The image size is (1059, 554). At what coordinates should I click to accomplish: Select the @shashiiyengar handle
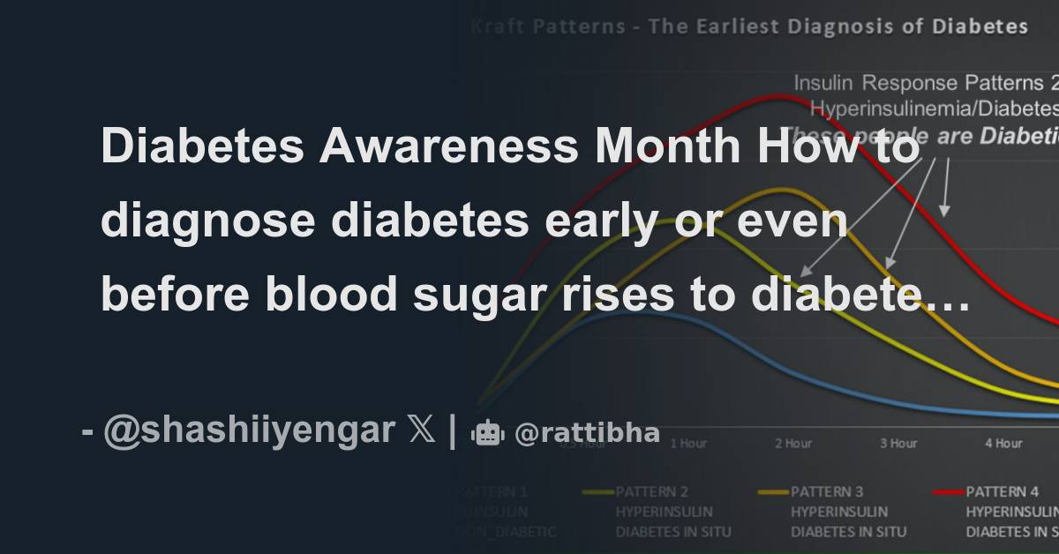pos(249,431)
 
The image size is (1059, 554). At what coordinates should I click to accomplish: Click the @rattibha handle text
pos(587,433)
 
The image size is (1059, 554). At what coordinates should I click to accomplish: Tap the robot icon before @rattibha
pos(487,433)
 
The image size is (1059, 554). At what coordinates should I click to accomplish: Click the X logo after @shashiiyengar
pos(422,431)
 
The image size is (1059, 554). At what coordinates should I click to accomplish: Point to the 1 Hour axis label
pos(687,443)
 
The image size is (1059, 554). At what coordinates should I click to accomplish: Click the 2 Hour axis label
pos(793,443)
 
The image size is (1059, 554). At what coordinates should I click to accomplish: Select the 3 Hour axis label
pos(898,443)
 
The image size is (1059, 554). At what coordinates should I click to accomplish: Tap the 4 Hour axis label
pos(1004,443)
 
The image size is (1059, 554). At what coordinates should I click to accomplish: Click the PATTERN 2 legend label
pos(652,491)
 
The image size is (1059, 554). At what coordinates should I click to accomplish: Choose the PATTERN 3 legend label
pos(828,491)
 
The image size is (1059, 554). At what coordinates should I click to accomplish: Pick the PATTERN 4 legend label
pos(1003,491)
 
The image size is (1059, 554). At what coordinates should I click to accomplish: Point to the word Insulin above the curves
pos(824,84)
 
